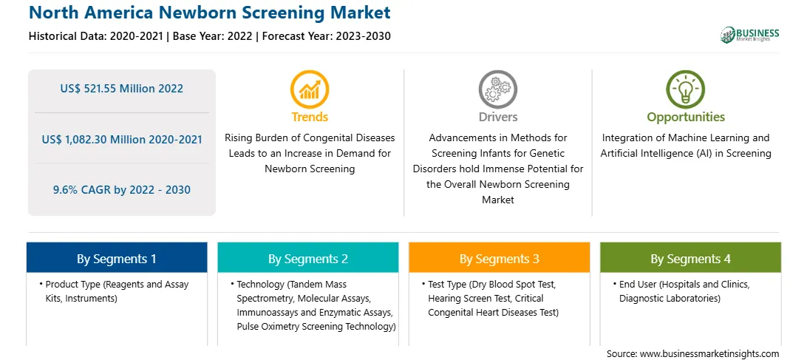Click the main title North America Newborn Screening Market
(x=209, y=12)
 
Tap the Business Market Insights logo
(x=750, y=35)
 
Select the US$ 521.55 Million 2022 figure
(x=121, y=89)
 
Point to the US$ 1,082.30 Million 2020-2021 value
(x=121, y=139)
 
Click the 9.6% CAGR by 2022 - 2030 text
(x=121, y=189)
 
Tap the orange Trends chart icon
(x=310, y=89)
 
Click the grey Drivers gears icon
(x=497, y=89)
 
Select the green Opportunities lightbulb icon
(x=686, y=89)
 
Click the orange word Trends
(x=310, y=117)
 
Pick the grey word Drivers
(x=497, y=117)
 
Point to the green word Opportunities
(x=686, y=118)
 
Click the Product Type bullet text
(x=114, y=291)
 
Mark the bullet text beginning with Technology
(x=313, y=305)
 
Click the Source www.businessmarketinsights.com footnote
(x=692, y=353)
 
